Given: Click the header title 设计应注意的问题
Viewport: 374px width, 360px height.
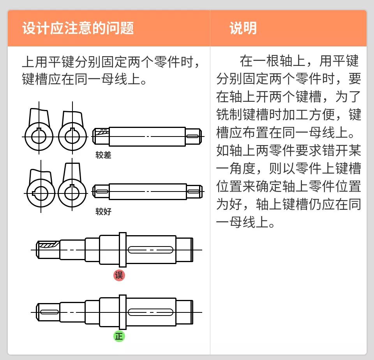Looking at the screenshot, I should (x=78, y=28).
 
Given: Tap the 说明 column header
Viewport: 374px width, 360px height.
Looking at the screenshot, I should (x=243, y=28).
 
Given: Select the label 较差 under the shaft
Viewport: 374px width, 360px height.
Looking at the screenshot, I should (x=103, y=155).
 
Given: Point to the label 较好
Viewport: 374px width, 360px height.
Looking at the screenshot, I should (x=103, y=212).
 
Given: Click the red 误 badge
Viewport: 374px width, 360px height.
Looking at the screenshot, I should (x=119, y=275).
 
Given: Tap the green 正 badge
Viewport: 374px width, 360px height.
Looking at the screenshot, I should (x=119, y=336).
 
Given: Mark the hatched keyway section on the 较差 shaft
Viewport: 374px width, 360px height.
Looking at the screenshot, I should (x=102, y=133).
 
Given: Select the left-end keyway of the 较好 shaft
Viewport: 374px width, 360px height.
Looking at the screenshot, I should (x=102, y=192).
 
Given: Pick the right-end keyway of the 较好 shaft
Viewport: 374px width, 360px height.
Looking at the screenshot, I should (x=194, y=192).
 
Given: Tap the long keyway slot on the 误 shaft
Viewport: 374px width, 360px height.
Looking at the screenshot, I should (x=150, y=250).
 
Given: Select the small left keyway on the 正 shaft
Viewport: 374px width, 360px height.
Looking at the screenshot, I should (x=49, y=312).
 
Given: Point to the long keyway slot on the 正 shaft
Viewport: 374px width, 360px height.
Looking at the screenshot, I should (x=150, y=312).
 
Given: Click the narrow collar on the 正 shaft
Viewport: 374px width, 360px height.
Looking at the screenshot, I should (x=123, y=312).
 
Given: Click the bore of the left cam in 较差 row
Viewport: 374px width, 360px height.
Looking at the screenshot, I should (x=39, y=137).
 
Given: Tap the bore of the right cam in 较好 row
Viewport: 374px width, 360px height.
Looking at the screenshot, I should (x=72, y=193).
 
